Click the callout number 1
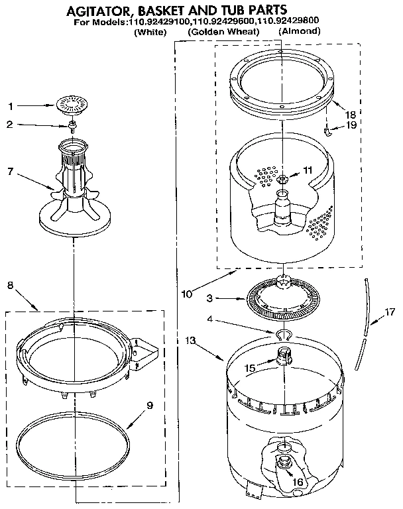click(10, 105)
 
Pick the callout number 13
click(191, 341)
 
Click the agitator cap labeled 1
click(71, 103)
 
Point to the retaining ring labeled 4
click(283, 333)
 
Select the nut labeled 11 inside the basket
click(283, 179)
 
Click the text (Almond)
click(298, 32)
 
